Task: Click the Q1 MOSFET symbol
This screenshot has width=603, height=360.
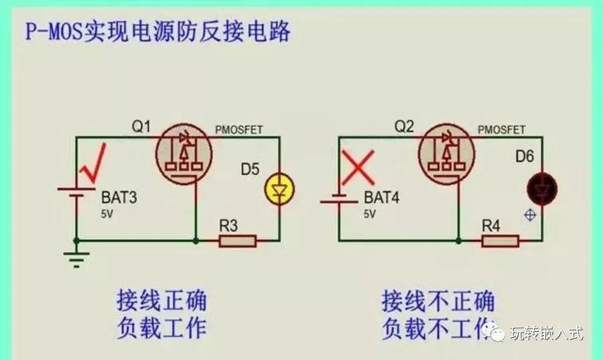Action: (x=184, y=154)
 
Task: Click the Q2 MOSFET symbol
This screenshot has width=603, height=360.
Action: (x=446, y=154)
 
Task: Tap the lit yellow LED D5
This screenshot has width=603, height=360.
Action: (x=279, y=190)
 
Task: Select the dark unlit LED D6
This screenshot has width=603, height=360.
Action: (x=542, y=189)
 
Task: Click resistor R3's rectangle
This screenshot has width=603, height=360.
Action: (x=238, y=241)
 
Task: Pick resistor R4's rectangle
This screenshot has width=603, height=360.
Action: (x=500, y=241)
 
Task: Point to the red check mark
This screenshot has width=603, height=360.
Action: (x=92, y=163)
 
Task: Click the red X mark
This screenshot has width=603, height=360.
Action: (x=358, y=168)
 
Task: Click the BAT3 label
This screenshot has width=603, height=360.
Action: (x=119, y=197)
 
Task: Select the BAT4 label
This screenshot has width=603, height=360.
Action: (x=381, y=197)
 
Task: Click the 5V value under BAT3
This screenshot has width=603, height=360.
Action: (x=107, y=215)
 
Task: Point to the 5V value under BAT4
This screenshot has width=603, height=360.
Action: (x=370, y=215)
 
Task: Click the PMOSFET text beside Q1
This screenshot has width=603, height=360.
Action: (x=239, y=130)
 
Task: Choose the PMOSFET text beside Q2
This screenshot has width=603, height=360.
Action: (x=501, y=130)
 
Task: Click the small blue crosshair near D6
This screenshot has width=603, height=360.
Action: (x=531, y=215)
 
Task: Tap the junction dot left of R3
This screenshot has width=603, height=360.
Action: (x=196, y=241)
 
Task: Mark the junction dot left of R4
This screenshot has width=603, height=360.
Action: (x=458, y=241)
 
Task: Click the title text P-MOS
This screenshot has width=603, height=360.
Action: (x=54, y=32)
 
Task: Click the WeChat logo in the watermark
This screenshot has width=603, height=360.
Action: (x=494, y=332)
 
